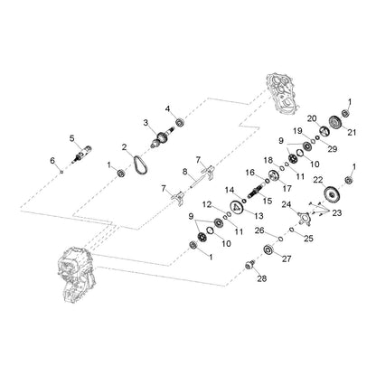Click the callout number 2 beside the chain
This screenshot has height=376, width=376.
pyautogui.click(x=125, y=147)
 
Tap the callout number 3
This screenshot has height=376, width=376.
pyautogui.click(x=146, y=123)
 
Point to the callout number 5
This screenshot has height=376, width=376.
pyautogui.click(x=71, y=138)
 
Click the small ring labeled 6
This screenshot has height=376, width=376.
pyautogui.click(x=61, y=172)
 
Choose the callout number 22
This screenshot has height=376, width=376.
pyautogui.click(x=318, y=180)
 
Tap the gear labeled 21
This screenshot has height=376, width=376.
pyautogui.click(x=334, y=124)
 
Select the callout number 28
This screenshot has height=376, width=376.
pyautogui.click(x=262, y=278)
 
